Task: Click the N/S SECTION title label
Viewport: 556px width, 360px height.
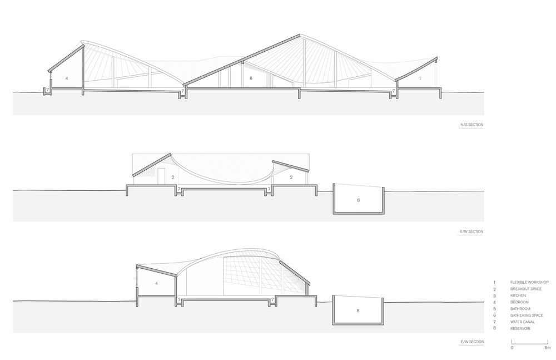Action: [471, 125]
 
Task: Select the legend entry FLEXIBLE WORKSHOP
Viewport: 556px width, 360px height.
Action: [529, 282]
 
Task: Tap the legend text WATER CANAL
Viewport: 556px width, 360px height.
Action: [522, 322]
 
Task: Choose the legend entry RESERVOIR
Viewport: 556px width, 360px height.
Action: [520, 329]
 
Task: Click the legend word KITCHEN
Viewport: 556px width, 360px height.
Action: [518, 295]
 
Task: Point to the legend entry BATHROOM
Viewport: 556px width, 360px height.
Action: [520, 309]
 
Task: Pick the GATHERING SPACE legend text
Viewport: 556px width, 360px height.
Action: [527, 315]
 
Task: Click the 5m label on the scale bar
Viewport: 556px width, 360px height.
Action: [548, 348]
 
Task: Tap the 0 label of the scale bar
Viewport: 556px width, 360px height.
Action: [512, 348]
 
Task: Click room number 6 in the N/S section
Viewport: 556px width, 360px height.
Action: [251, 78]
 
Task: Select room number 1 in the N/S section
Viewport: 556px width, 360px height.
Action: [420, 78]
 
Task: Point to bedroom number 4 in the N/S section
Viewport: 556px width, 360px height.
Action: [66, 78]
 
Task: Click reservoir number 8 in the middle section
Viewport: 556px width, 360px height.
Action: [358, 200]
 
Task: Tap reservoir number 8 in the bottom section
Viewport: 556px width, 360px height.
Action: [358, 310]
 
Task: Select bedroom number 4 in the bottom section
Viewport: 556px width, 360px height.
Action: [156, 284]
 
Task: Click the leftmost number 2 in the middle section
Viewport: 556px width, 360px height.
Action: [173, 177]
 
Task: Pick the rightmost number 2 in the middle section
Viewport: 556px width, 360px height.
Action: [291, 177]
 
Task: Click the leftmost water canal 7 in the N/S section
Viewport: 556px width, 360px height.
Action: [47, 90]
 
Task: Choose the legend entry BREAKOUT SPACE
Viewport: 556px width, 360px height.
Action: [526, 289]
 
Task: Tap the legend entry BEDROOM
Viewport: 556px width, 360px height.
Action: [519, 302]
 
